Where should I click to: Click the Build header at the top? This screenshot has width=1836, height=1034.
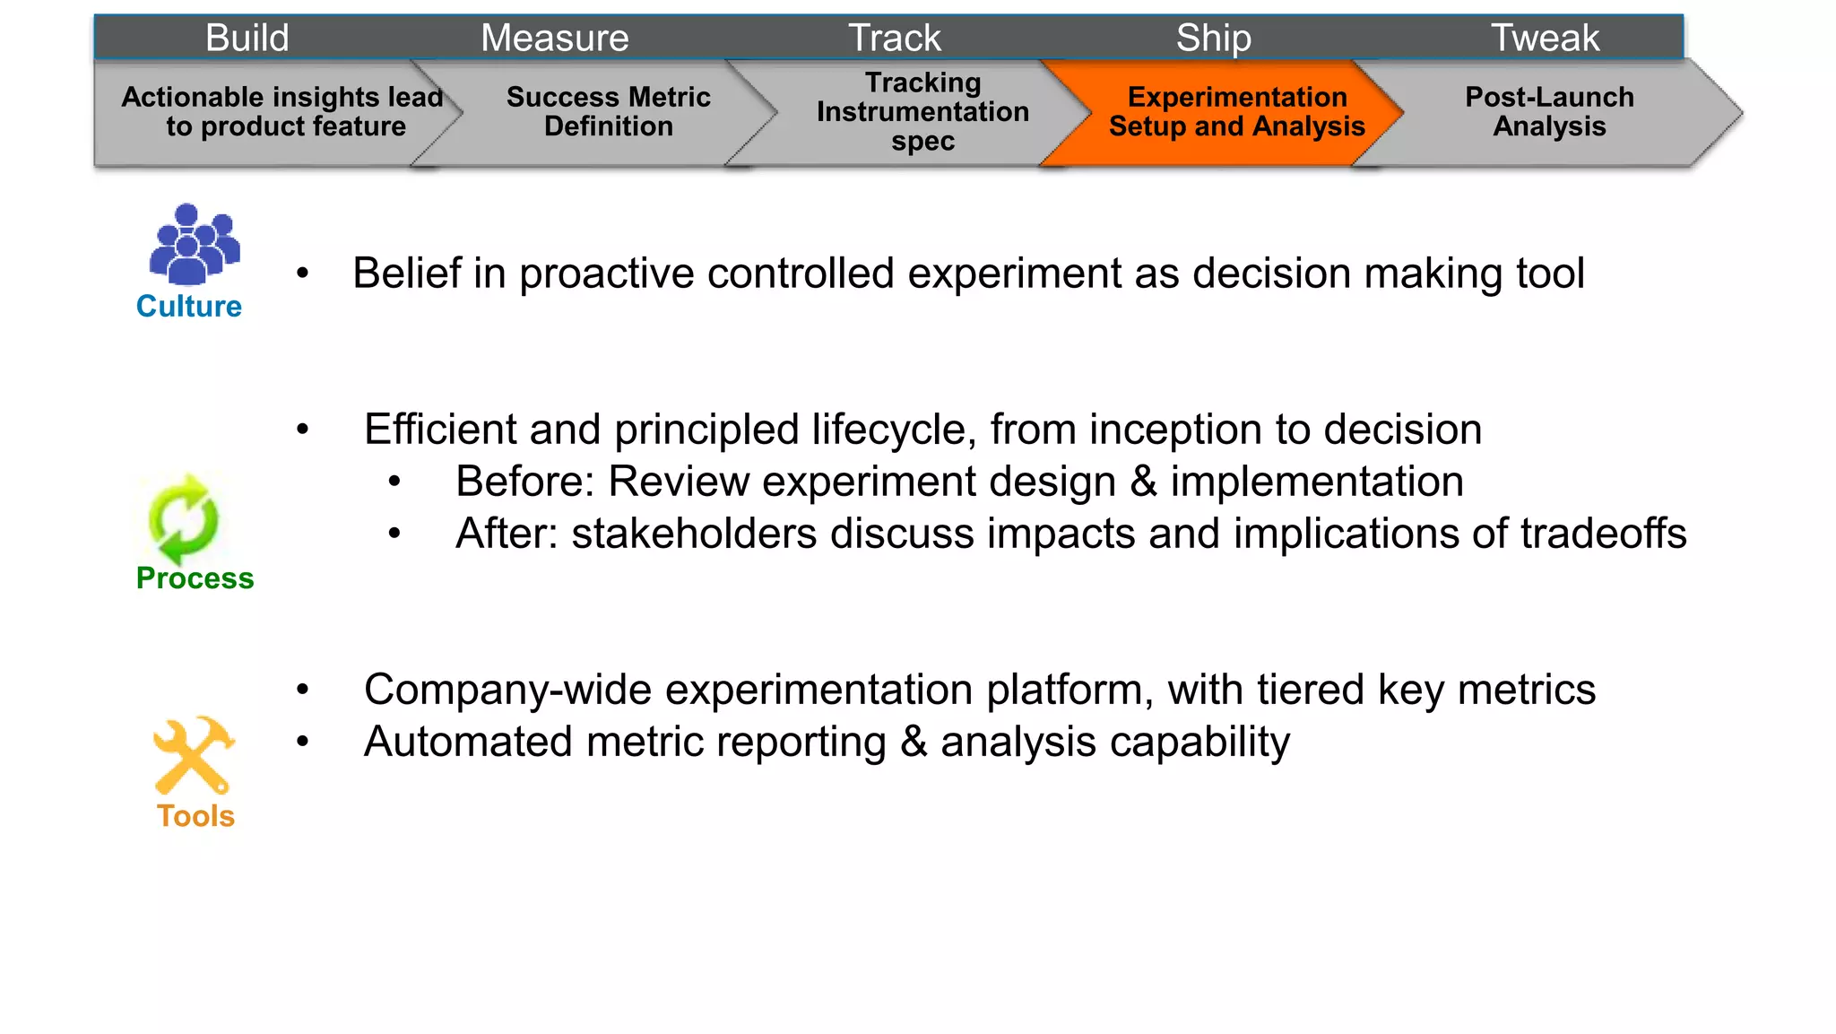pos(247,38)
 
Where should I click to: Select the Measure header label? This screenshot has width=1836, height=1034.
pos(555,38)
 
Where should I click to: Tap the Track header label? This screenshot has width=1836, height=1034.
pos(895,38)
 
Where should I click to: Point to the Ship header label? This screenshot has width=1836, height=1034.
pos(1214,38)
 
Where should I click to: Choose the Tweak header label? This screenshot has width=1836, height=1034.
pos(1545,38)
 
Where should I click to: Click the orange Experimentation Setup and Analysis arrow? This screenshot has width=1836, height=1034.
pos(1236,112)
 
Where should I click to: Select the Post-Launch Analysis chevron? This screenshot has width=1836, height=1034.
pos(1549,112)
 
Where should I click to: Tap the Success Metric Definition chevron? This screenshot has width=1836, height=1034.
pos(608,112)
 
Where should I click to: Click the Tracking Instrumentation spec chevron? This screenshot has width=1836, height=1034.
pos(922,112)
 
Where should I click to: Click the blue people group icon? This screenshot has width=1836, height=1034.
pos(194,244)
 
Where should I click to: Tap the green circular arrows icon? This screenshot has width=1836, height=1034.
pos(184,519)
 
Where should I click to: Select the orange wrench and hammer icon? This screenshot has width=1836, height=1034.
pos(194,755)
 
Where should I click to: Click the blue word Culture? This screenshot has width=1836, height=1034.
pos(189,307)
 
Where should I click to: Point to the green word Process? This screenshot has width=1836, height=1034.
pos(195,578)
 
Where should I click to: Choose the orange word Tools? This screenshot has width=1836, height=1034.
pos(195,816)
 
